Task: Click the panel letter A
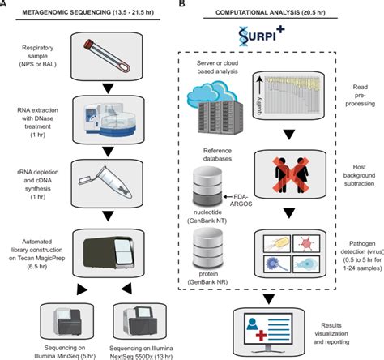(6, 5)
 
